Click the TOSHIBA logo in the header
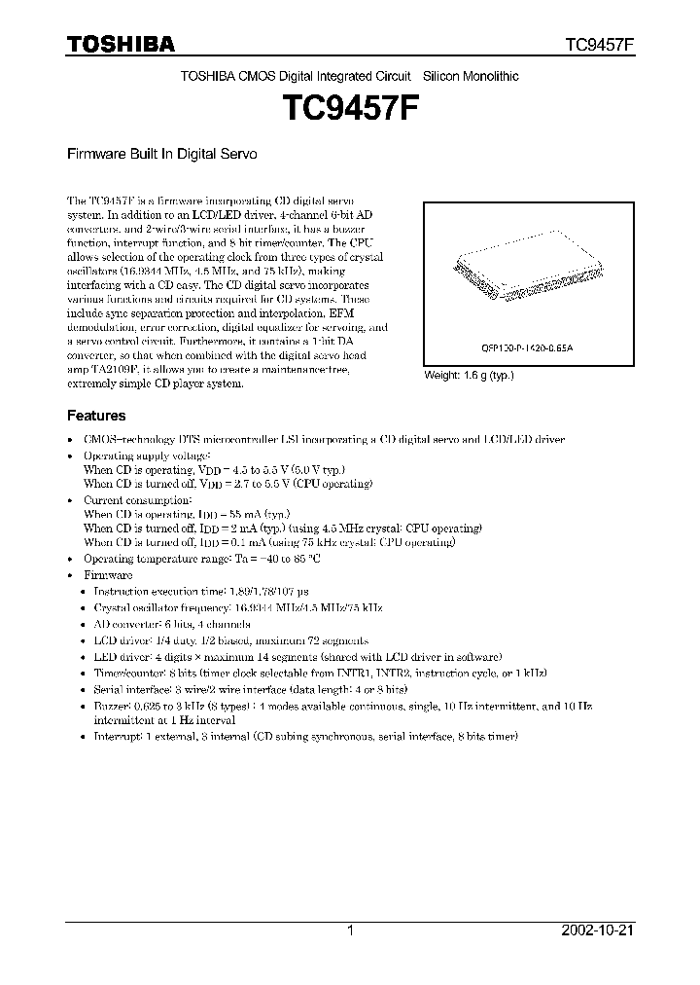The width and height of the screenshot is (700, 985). click(x=121, y=44)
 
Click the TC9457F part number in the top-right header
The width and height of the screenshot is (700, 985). click(x=600, y=45)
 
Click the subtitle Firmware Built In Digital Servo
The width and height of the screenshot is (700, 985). click(x=161, y=154)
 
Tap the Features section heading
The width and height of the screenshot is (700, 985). click(x=95, y=415)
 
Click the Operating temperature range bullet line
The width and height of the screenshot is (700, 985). click(x=202, y=560)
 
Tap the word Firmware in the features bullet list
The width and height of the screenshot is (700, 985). click(x=108, y=575)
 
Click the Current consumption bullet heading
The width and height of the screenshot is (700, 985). click(x=138, y=499)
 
